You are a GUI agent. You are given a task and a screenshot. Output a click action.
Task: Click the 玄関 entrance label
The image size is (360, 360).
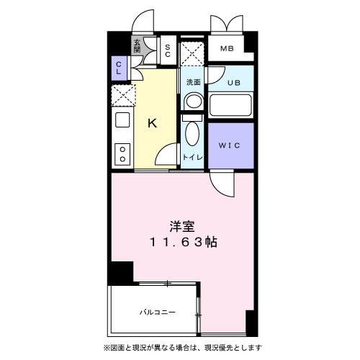137,46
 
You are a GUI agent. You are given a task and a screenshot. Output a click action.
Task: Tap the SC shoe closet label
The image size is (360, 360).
167,50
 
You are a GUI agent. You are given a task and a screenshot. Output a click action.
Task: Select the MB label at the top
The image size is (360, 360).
227,49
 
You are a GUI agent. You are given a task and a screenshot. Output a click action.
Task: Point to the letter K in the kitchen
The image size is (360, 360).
153,123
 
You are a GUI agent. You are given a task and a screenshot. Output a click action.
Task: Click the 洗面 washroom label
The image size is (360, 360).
193,82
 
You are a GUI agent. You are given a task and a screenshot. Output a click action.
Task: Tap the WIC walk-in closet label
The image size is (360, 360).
231,144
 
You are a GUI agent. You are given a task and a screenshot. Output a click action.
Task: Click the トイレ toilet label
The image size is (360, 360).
192,156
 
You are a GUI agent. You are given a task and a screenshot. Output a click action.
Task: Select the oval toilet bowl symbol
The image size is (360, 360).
192,133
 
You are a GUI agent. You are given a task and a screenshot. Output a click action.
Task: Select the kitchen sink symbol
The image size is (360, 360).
122,120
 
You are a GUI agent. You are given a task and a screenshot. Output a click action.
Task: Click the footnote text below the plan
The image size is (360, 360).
180,348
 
